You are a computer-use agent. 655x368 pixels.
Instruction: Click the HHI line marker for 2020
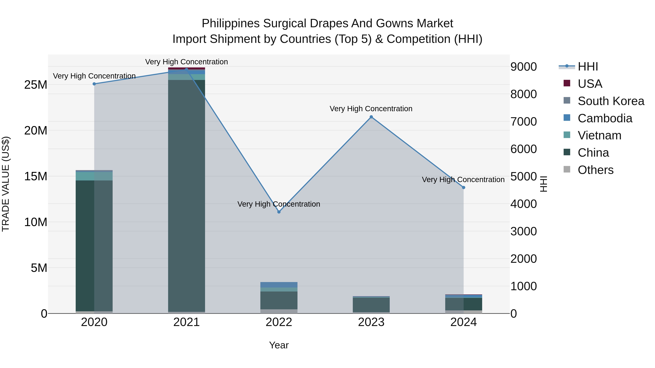click(x=94, y=84)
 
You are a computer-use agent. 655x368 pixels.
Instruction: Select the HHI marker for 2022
click(x=279, y=212)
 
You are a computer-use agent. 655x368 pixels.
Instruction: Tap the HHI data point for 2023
click(x=371, y=117)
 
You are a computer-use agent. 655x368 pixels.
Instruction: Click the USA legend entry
click(x=590, y=84)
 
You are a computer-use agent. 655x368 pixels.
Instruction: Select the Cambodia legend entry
click(x=605, y=118)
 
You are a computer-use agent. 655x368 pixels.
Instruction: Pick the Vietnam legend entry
click(x=599, y=135)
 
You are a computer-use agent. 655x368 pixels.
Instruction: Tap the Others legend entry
click(x=595, y=170)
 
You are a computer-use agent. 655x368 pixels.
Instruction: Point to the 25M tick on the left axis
click(x=36, y=85)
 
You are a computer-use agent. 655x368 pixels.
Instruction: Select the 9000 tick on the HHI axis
click(x=523, y=67)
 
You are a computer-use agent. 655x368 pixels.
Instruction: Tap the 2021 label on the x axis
click(x=186, y=322)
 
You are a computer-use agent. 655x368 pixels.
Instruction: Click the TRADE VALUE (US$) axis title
click(x=6, y=184)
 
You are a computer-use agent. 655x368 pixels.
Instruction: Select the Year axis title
click(x=279, y=345)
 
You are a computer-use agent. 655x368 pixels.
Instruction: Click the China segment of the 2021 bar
click(x=186, y=196)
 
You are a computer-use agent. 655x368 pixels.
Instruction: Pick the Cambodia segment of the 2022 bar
click(x=279, y=285)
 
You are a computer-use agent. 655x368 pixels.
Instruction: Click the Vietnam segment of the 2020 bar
click(x=94, y=176)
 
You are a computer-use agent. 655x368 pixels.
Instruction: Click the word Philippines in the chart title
click(x=230, y=23)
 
